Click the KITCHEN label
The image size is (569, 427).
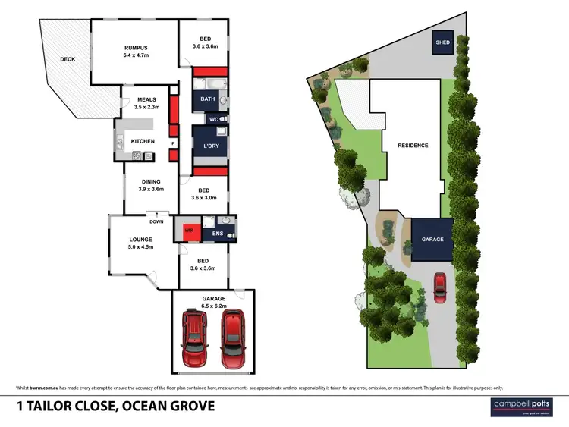point(143,141)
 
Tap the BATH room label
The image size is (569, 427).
point(208,99)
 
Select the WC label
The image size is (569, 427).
point(214,120)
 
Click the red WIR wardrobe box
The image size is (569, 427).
point(188,228)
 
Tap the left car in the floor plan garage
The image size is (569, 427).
point(196,338)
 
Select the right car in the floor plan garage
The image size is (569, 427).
point(232,338)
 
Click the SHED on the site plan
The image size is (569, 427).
point(442,42)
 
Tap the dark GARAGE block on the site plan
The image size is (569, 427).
point(432,240)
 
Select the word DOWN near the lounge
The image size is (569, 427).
point(156,222)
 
